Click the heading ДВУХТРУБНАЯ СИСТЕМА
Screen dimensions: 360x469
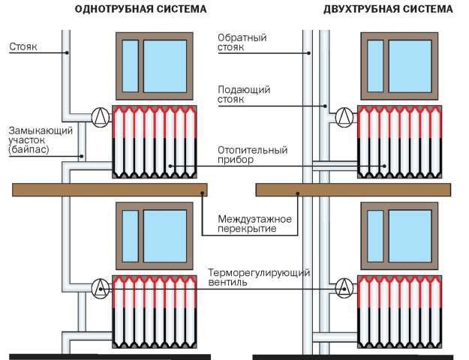389,10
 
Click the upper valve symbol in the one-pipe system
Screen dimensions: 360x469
98,115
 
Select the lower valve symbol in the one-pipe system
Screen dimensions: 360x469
98,287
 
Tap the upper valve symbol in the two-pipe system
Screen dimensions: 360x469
344,115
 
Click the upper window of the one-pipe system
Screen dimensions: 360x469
155,65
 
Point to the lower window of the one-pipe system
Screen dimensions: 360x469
155,235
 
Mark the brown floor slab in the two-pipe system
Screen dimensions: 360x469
353,190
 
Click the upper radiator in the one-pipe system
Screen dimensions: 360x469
155,142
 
